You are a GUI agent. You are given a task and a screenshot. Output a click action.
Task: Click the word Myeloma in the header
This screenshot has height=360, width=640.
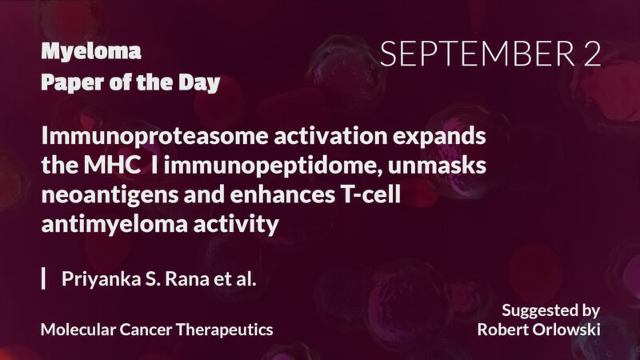(90, 53)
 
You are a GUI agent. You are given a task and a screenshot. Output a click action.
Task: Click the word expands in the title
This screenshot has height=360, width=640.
(442, 137)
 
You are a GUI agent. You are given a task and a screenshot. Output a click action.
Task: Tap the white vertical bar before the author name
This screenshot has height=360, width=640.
(43, 279)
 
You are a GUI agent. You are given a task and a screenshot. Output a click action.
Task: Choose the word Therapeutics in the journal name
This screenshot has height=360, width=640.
(226, 329)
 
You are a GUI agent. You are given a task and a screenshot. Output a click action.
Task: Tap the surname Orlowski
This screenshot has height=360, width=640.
(565, 329)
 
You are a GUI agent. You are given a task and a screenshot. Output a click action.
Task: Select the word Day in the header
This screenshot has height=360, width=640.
(201, 82)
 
